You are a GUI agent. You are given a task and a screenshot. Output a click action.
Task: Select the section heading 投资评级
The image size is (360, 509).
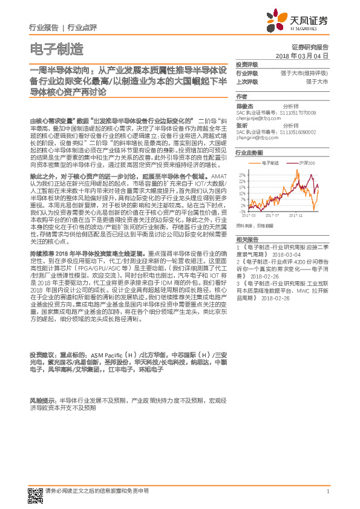pyautogui.click(x=247, y=64)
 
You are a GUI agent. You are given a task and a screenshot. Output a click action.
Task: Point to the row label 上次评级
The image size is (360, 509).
pyautogui.click(x=247, y=81)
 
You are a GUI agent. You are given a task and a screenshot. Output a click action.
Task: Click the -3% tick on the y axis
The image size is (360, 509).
pyautogui.click(x=243, y=212)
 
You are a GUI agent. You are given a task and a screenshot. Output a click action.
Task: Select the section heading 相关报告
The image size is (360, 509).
pyautogui.click(x=247, y=239)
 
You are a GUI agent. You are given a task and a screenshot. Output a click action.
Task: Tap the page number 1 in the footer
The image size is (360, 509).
pyautogui.click(x=327, y=491)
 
